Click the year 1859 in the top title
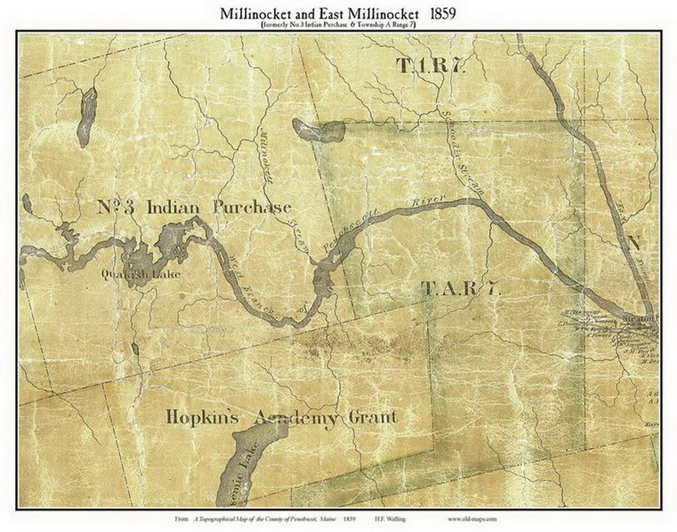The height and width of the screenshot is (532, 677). pyautogui.click(x=443, y=13)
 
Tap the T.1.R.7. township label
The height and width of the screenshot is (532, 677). pyautogui.click(x=430, y=65)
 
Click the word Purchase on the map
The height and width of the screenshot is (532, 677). pyautogui.click(x=251, y=207)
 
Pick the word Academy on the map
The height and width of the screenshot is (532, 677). pyautogui.click(x=295, y=417)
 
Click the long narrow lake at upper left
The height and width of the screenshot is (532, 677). pyautogui.click(x=87, y=116)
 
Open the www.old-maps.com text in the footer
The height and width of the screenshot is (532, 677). pyautogui.click(x=473, y=519)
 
